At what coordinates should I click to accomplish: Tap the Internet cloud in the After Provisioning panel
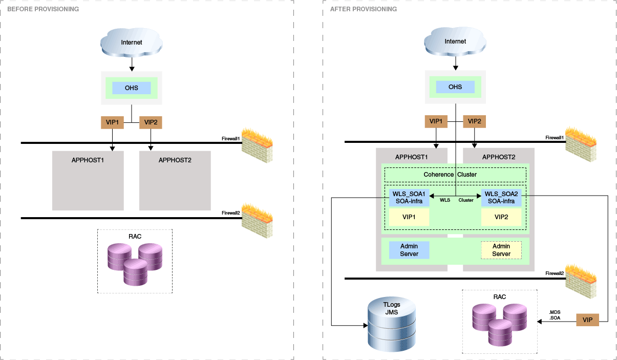[x=455, y=41]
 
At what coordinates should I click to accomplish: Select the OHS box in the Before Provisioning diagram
[x=132, y=88]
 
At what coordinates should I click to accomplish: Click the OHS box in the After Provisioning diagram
[x=455, y=87]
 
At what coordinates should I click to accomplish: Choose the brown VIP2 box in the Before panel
[x=151, y=122]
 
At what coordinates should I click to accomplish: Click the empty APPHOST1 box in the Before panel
[x=88, y=180]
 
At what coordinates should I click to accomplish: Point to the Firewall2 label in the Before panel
[x=230, y=213]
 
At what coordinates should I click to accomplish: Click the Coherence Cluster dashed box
[x=455, y=175]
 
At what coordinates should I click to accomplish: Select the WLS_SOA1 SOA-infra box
[x=409, y=198]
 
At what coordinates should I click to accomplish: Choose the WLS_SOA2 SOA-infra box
[x=501, y=198]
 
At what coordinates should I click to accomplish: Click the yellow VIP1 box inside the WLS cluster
[x=409, y=217]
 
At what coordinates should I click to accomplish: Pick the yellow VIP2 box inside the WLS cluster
[x=501, y=217]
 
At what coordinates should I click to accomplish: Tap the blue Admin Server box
[x=409, y=250]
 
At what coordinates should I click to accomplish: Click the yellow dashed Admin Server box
[x=501, y=250]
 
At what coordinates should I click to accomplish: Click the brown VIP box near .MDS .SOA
[x=587, y=320]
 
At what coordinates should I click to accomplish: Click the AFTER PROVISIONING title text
[x=364, y=9]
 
